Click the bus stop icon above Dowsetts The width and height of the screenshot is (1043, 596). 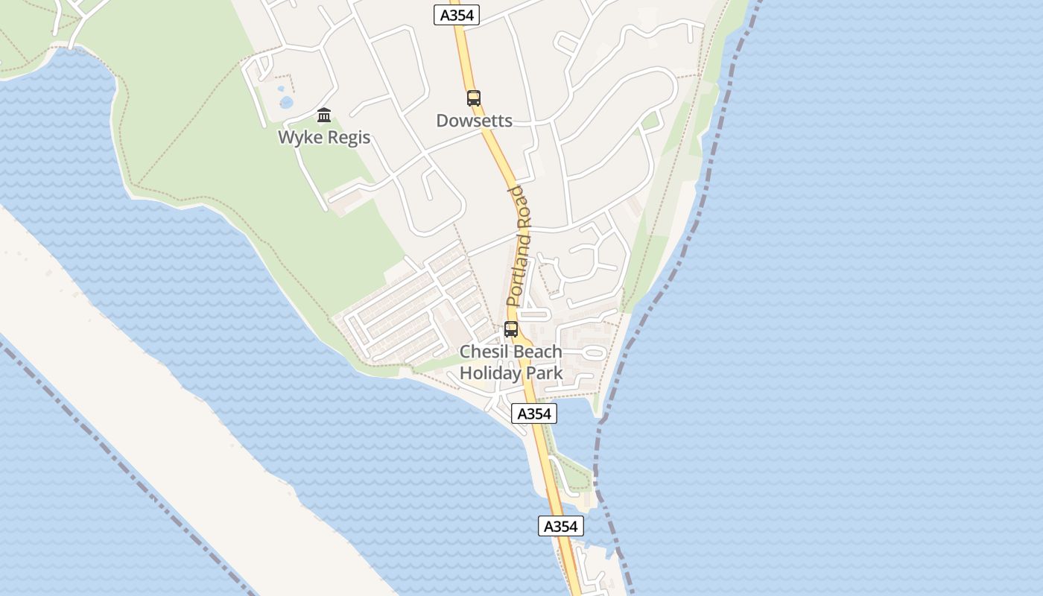[474, 98]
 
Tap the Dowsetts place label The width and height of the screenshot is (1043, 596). [474, 121]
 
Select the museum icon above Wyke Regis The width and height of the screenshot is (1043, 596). [324, 115]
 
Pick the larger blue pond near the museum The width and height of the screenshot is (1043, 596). [285, 102]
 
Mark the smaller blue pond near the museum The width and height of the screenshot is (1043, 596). [282, 89]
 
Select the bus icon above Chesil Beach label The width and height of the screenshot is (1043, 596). [511, 329]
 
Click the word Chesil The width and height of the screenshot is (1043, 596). [484, 352]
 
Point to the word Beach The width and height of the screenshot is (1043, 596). [537, 352]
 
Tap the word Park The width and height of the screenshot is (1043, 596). [544, 372]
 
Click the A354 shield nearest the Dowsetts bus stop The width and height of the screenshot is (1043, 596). [457, 15]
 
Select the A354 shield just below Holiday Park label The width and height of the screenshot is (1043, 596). [534, 413]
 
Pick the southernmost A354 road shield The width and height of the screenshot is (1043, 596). [561, 526]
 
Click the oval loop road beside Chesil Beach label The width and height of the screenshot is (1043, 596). [594, 351]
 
